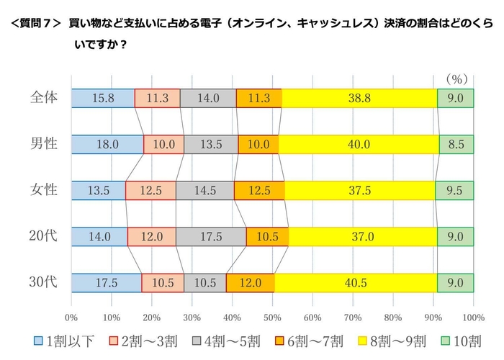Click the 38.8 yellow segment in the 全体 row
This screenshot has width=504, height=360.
tap(359, 99)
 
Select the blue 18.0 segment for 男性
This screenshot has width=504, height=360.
tap(107, 144)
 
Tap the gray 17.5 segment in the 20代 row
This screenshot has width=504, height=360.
tap(211, 236)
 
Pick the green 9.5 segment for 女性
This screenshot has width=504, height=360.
tap(454, 190)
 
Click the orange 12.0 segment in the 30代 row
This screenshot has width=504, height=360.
tap(250, 282)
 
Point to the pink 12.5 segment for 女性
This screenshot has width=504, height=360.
tap(150, 190)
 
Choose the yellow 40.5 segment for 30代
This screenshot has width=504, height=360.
tap(356, 282)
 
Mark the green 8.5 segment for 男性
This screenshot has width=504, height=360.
tap(456, 144)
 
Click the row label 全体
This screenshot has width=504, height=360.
tap(45, 97)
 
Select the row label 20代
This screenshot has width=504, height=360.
tap(44, 235)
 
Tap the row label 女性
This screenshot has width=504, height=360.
tap(45, 189)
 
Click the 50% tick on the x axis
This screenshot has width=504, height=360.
tap(272, 317)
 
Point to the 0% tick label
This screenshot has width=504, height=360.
tap(71, 317)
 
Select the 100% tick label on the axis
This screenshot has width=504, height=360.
tap(473, 317)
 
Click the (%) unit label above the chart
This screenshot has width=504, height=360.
tap(456, 77)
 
